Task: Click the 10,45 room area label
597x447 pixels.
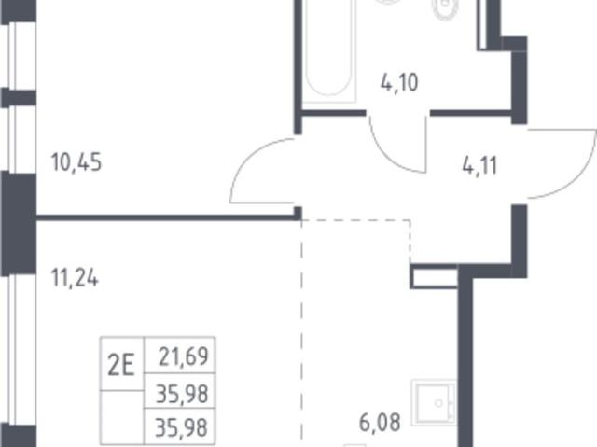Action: click(76, 162)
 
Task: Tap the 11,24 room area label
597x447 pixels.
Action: click(75, 278)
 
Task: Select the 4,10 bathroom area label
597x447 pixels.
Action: click(399, 82)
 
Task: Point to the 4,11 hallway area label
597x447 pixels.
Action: click(479, 166)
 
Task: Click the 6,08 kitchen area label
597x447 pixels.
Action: click(380, 423)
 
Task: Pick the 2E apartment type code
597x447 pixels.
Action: click(121, 367)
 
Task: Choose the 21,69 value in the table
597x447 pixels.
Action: click(184, 356)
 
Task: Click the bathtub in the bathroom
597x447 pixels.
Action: click(329, 49)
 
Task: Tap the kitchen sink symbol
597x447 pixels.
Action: click(434, 402)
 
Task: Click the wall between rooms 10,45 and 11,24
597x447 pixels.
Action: click(167, 217)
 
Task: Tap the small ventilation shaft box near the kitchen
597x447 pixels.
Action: click(434, 276)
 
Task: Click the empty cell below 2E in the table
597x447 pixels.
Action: click(122, 417)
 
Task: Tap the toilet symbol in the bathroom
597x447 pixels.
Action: click(444, 8)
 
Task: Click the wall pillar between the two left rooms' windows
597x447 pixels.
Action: click(19, 222)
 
